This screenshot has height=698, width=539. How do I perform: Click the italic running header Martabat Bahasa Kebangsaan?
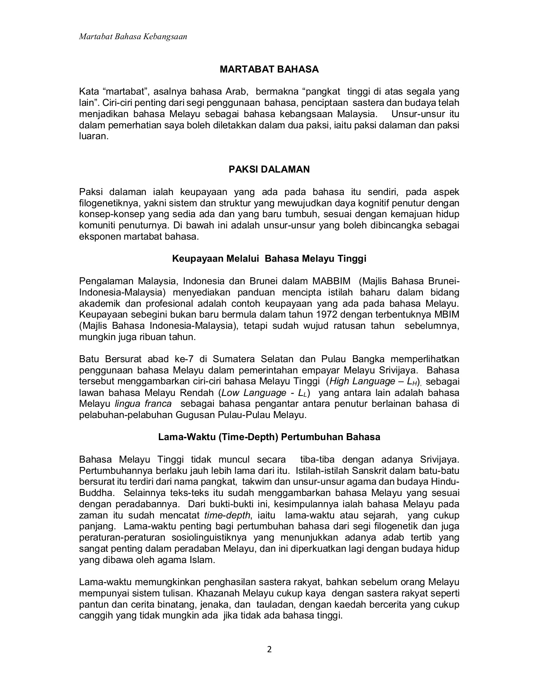pos(133,36)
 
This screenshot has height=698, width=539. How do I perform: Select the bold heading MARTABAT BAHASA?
pos(269,69)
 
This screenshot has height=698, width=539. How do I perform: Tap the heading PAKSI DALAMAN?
pos(269,169)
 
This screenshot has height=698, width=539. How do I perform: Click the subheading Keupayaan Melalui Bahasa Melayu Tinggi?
pos(269,258)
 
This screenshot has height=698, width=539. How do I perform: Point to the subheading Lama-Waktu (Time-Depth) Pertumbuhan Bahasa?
pos(269,437)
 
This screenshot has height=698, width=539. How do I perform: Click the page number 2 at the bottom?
pos(270,649)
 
